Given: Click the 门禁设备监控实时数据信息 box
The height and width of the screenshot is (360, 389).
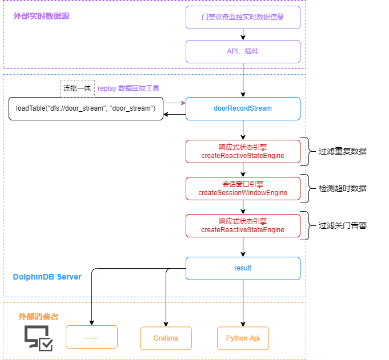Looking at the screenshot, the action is pos(243,17).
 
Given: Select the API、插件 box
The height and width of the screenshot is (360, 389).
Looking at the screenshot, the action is pos(243,51).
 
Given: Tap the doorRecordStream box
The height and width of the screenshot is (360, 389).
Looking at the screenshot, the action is pos(243,108).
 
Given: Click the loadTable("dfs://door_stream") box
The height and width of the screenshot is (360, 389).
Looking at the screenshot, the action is pos(86,108).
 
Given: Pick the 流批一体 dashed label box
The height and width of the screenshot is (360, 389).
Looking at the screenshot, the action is pos(77,88).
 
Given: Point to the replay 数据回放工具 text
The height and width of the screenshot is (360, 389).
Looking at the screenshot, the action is pos(129,88).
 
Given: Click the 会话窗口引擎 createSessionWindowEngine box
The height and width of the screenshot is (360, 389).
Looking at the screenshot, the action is pos(243,188).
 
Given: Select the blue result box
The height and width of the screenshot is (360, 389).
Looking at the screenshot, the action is pos(243,268).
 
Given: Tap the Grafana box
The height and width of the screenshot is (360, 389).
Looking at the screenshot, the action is pos(166,338).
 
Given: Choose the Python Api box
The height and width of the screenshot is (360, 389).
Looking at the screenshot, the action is pos(243,338).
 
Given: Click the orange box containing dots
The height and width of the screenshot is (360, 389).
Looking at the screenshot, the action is pos(91,337).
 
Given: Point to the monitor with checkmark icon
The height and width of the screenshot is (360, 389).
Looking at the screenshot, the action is pos(38,338).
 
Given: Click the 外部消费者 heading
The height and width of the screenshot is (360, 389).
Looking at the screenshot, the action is pos(38,317).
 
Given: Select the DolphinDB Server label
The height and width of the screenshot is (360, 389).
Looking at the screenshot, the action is pos(47,277).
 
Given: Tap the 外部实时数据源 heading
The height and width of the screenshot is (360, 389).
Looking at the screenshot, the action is pos(41,16).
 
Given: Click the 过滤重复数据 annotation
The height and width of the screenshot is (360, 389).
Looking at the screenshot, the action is pos(342,151).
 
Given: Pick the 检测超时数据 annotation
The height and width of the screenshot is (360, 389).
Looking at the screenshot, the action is pos(342,188).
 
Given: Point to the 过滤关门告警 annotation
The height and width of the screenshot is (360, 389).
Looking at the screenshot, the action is pos(342,225).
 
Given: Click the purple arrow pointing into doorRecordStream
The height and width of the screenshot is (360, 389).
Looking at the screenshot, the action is pos(174,103).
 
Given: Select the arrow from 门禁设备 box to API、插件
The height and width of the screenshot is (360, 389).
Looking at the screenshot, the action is pos(243,34).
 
